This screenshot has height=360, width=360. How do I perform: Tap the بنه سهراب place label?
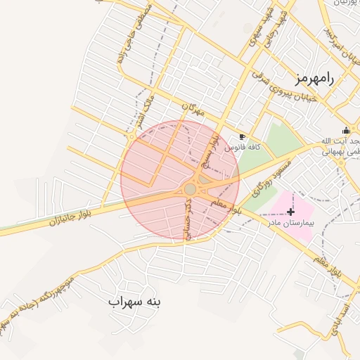(135, 302)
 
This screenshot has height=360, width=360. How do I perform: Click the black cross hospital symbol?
(291, 211)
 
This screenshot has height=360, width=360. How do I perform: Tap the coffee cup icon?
(243, 136)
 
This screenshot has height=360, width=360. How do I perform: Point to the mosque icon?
(346, 130)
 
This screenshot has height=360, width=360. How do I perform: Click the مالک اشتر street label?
(148, 103)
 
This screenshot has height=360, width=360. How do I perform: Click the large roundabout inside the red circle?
(190, 189)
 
